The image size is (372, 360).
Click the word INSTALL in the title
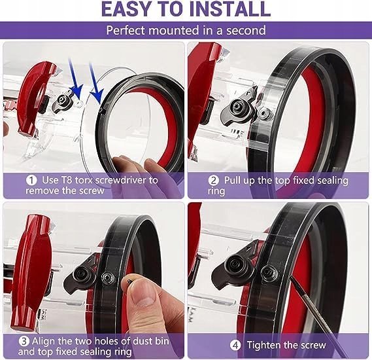pyautogui.click(x=229, y=9)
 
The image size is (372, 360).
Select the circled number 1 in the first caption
pyautogui.click(x=31, y=180)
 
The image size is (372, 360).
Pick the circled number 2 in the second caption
pyautogui.click(x=213, y=181)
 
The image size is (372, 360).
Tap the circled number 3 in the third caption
pyautogui.click(x=24, y=342)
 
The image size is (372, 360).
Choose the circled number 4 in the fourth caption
pyautogui.click(x=235, y=345)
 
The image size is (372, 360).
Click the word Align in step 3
pyautogui.click(x=44, y=342)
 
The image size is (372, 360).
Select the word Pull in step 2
pyautogui.click(x=233, y=181)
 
